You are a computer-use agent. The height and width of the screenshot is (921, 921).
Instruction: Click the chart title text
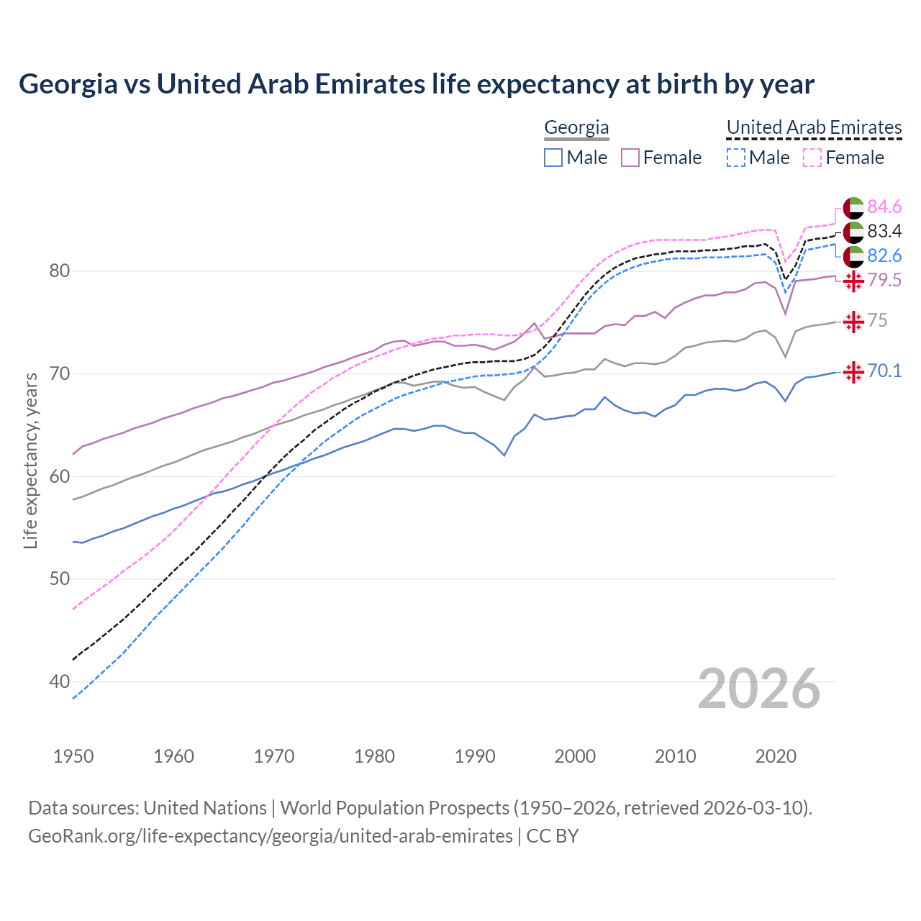pos(416,84)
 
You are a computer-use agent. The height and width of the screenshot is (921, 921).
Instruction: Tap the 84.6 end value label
pos(884,207)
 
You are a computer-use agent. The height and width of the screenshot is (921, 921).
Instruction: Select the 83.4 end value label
pos(884,232)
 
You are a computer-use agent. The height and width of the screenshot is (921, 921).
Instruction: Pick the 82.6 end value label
pos(884,256)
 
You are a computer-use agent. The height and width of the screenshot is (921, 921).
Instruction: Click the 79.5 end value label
pos(884,281)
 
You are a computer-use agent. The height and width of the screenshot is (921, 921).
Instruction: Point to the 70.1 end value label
pos(884,371)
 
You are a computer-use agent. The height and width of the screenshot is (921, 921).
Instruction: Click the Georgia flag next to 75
pos(853,322)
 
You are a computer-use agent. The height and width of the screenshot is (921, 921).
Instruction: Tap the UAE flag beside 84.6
pos(853,207)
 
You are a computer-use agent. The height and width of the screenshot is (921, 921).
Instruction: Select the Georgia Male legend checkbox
pos(553,158)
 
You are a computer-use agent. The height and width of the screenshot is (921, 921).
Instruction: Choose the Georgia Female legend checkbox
pos(630,158)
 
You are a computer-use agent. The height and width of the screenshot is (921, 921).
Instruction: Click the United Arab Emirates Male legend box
pos(735,158)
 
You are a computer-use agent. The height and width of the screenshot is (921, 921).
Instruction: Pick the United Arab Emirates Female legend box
pos(812,158)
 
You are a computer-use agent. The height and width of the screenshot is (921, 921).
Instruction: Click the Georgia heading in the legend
pos(576,127)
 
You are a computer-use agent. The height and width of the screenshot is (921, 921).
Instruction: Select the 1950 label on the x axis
pos(73,756)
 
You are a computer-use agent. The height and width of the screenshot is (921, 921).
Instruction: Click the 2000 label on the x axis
pos(575,756)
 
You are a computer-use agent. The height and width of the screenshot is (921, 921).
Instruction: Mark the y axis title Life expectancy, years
pos(31,460)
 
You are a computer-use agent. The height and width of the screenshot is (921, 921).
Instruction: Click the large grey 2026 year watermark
pos(758,689)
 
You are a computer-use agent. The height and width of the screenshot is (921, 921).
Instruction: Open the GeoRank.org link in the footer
pos(270,836)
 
